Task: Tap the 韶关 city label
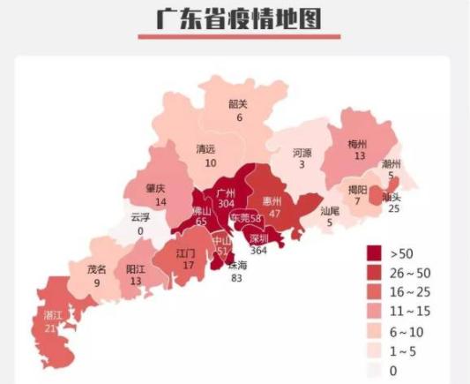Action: pos(238,104)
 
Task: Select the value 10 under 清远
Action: pos(210,162)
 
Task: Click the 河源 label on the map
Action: pos(302,153)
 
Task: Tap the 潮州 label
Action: pos(392,164)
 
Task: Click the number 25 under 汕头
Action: pos(392,209)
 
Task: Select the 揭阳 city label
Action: pos(357,189)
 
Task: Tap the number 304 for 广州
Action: pos(225,203)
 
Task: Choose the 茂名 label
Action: pos(96,269)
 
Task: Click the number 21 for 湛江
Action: pos(50,328)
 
